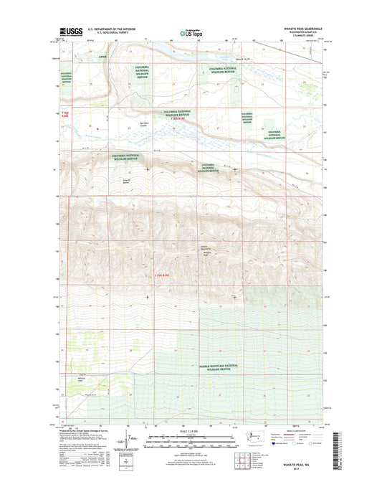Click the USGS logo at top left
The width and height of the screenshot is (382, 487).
tap(65, 32)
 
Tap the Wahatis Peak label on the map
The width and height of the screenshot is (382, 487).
tap(207, 254)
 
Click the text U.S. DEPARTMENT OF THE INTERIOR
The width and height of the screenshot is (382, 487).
tap(111, 29)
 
